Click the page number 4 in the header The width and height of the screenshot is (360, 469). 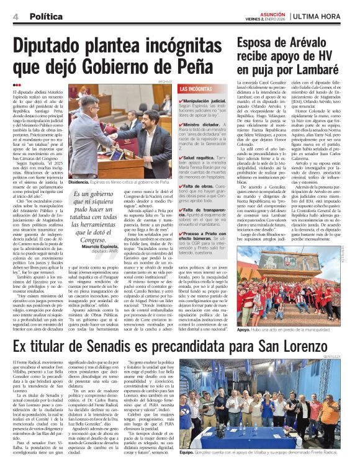pyautogui.click(x=14, y=16)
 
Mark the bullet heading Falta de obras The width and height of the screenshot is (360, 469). pyautogui.click(x=199, y=186)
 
